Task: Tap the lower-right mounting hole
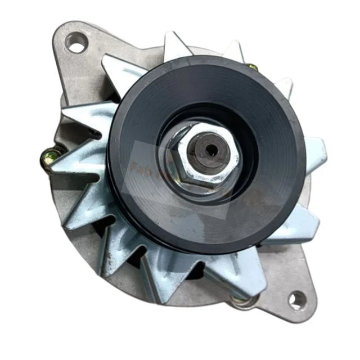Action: (x=296, y=300)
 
